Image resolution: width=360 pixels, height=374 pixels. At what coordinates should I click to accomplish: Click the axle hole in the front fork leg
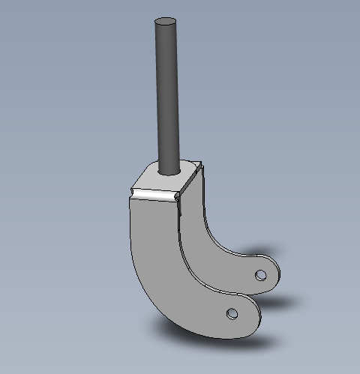232,312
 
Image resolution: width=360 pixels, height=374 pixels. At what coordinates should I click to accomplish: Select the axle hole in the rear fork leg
260,275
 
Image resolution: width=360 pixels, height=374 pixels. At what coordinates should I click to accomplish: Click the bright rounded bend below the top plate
154,195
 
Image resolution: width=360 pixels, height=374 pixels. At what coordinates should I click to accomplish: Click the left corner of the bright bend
130,193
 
